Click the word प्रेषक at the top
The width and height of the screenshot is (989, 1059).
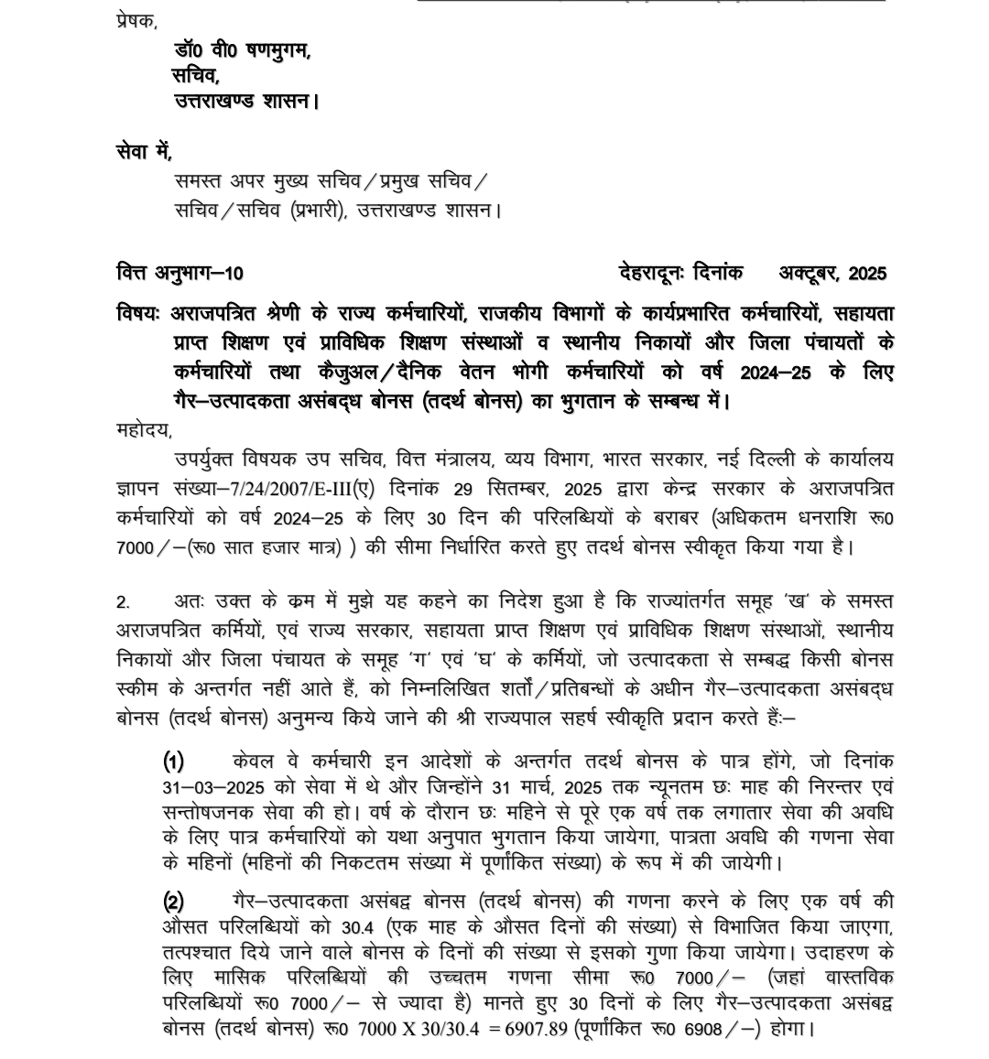136,20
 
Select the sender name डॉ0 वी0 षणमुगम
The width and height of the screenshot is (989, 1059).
242,51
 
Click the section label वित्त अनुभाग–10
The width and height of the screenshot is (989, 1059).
180,273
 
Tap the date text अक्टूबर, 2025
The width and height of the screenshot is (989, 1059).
832,273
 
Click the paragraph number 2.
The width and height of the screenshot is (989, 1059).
123,602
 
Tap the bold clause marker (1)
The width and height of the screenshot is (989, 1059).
174,762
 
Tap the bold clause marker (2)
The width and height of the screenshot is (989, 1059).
174,902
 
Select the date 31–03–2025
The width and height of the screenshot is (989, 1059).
201,788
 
